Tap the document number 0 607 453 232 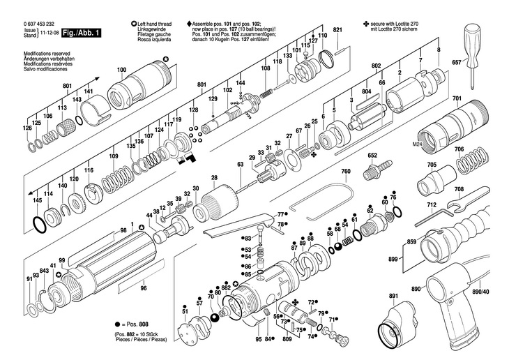[x=43, y=24]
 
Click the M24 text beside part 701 [x=417, y=143]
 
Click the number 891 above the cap [x=394, y=297]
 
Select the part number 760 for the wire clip [x=345, y=172]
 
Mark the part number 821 [x=337, y=30]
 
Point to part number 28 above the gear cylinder [x=215, y=178]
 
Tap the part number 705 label [x=432, y=166]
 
